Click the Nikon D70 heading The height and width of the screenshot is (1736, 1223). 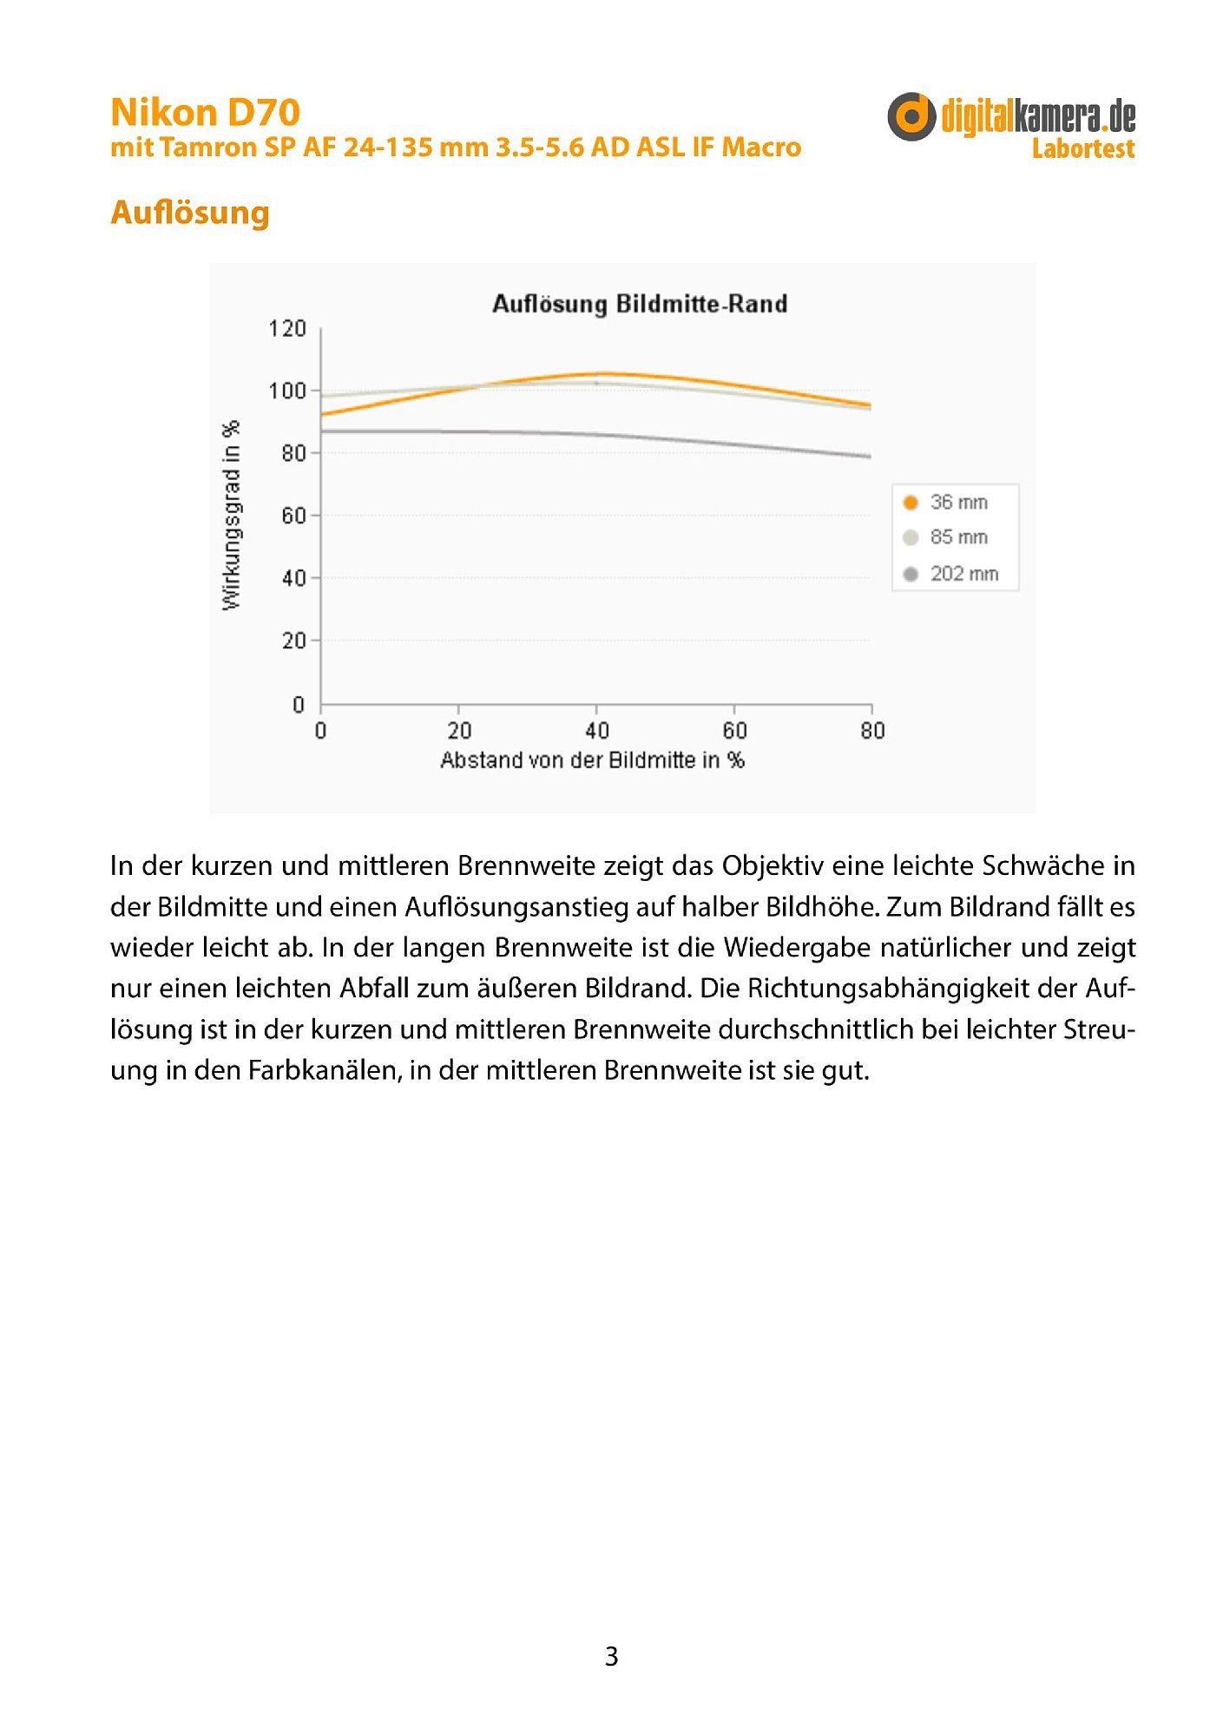[x=205, y=113]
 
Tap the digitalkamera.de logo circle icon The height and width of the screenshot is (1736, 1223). [x=911, y=116]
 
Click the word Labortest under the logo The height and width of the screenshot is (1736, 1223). [x=1082, y=149]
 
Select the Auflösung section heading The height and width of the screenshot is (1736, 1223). [x=190, y=213]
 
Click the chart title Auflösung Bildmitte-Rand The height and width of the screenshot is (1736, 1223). [x=640, y=304]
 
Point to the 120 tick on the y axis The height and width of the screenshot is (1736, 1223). [x=287, y=329]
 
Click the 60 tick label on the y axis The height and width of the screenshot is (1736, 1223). [x=293, y=516]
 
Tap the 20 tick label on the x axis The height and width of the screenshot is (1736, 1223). [x=459, y=731]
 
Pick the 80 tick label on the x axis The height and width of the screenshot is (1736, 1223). [x=872, y=731]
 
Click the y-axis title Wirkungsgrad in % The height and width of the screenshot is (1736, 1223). [x=231, y=516]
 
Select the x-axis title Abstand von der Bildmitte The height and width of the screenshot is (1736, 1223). [x=592, y=760]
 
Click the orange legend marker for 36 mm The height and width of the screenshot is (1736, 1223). [x=911, y=503]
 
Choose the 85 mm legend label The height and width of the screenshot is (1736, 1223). [x=958, y=537]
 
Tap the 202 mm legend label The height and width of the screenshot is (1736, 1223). [x=963, y=574]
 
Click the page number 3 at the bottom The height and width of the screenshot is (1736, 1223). [x=611, y=1656]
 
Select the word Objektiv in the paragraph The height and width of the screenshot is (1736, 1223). [x=773, y=866]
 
